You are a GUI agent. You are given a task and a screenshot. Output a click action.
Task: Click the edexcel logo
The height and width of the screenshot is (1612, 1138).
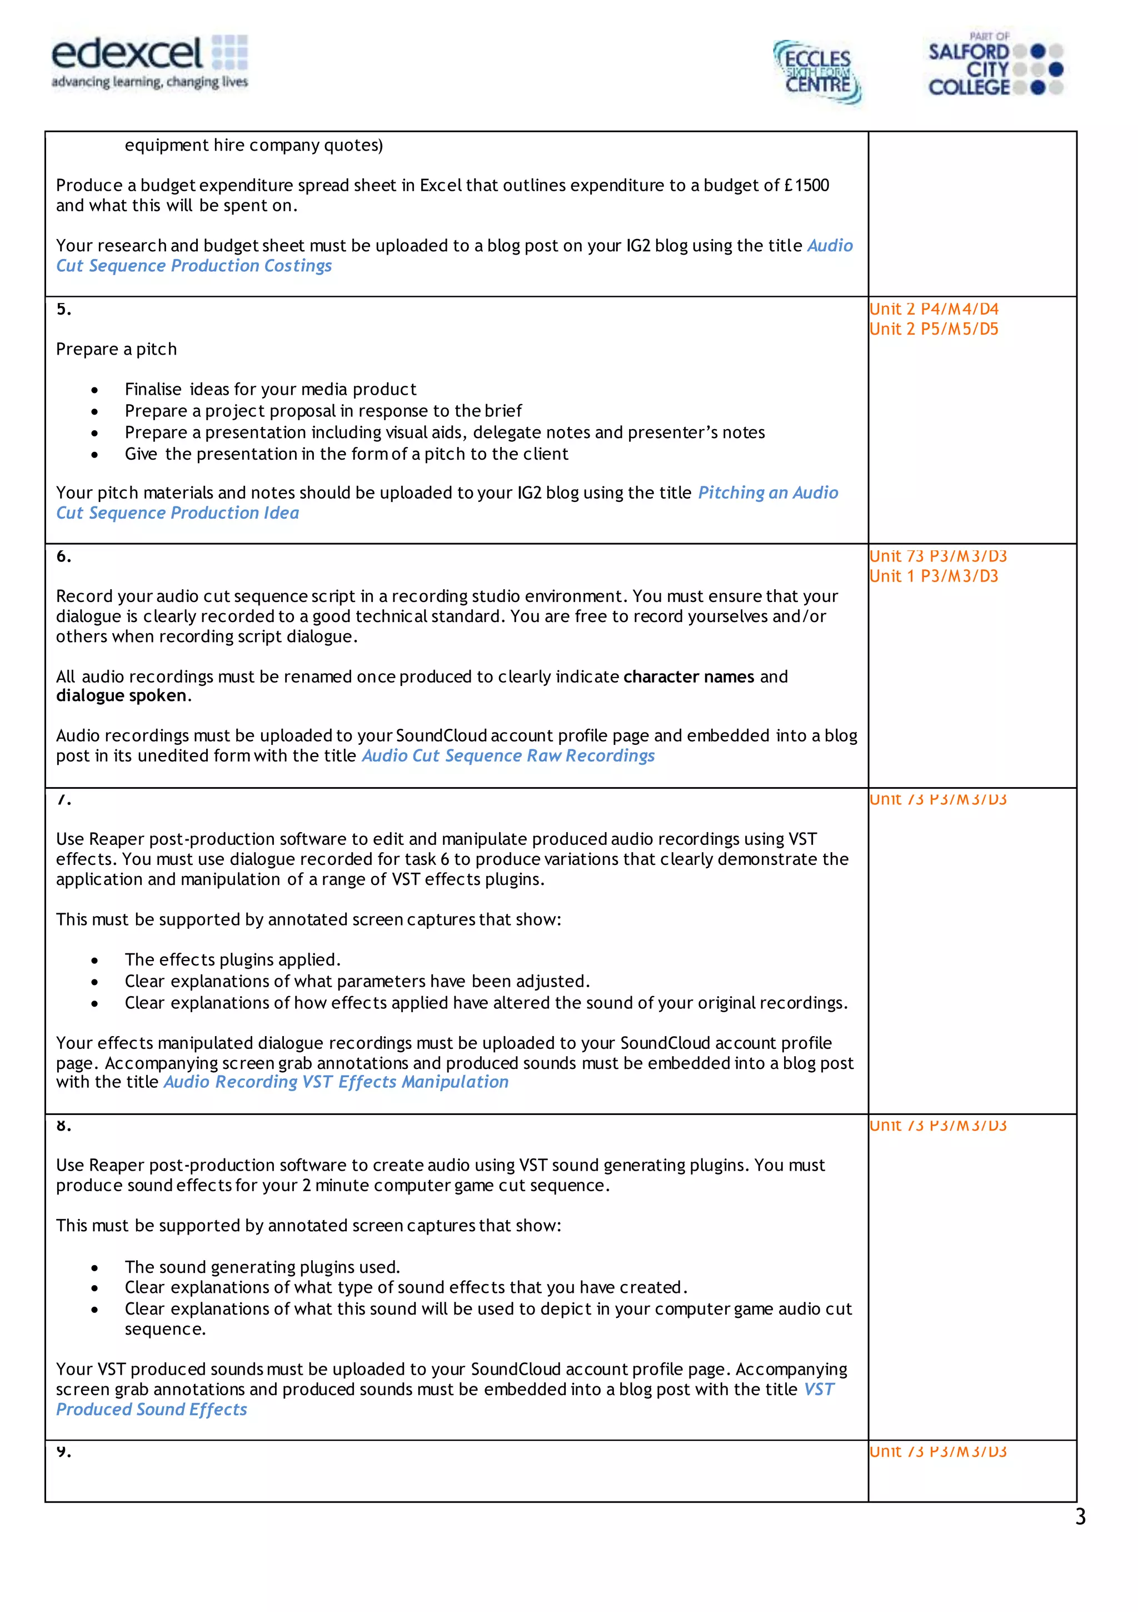point(149,62)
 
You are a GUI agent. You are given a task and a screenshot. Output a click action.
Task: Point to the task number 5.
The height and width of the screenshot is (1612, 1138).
point(63,309)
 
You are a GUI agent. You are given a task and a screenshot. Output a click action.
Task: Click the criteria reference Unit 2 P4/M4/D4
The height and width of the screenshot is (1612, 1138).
point(934,309)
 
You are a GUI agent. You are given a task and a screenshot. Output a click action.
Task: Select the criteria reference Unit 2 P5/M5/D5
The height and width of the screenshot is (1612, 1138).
point(934,329)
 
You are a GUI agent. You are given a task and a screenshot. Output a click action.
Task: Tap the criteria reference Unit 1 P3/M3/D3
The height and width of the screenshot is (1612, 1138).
point(934,576)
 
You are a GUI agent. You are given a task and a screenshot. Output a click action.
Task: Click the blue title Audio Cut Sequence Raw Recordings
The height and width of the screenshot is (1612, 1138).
point(508,756)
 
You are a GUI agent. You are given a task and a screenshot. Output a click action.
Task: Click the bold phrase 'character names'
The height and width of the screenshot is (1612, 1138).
point(688,677)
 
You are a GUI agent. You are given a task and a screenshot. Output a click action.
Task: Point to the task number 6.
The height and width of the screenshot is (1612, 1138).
point(63,557)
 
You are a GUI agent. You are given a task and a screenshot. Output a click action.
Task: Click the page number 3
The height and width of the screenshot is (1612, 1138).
point(1080,1517)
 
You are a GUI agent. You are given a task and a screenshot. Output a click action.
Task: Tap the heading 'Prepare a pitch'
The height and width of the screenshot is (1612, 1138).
point(117,350)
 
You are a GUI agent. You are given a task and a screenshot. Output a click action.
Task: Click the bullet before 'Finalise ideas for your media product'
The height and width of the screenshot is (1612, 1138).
point(94,390)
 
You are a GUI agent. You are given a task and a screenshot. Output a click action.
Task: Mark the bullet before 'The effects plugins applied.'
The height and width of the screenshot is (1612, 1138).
point(94,961)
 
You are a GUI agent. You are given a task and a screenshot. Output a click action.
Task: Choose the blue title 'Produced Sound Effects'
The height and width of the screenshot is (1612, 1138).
point(152,1410)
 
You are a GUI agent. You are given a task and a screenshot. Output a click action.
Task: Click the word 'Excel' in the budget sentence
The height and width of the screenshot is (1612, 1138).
point(440,185)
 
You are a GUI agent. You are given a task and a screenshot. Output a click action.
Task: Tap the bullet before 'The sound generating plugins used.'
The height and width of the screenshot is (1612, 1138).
point(94,1268)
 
